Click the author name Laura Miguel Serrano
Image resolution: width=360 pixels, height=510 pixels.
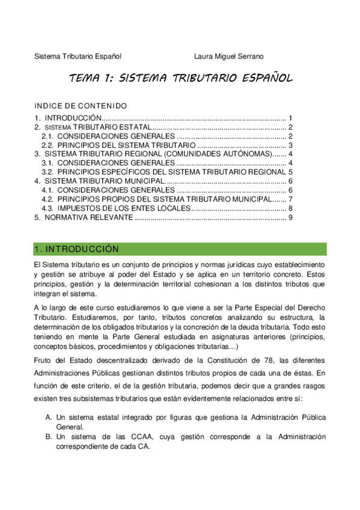coord(229,57)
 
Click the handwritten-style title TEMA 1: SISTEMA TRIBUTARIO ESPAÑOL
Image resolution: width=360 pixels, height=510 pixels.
coord(181,78)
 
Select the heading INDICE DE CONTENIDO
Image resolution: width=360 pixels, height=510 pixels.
coord(81,105)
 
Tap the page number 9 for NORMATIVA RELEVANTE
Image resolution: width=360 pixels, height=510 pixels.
coord(290,217)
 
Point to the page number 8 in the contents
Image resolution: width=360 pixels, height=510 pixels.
coord(290,208)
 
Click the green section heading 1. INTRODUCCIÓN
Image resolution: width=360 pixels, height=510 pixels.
coord(77,249)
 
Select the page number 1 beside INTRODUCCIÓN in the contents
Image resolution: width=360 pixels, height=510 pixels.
coord(290,118)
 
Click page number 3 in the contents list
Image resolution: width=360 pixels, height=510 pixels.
coord(290,145)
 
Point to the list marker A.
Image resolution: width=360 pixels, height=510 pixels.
coord(48,416)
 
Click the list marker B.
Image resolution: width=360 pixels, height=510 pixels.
coord(48,437)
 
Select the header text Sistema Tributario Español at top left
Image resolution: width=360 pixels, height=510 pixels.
coord(78,57)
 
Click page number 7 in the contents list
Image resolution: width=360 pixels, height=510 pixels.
coord(290,199)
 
